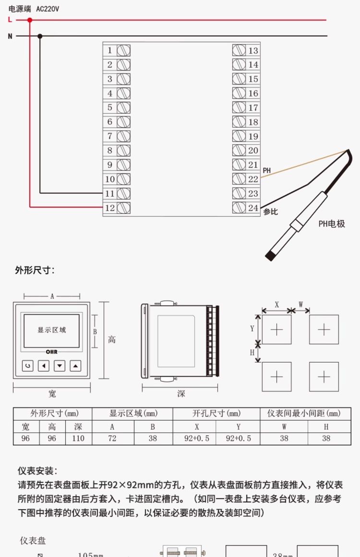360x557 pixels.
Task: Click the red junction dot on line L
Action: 30,20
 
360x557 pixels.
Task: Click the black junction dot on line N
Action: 40,36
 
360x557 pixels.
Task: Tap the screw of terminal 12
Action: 124,208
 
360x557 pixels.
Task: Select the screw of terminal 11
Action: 124,193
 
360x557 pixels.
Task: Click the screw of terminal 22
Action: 239,179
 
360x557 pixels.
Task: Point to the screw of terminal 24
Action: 239,208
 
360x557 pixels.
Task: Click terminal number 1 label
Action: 110,50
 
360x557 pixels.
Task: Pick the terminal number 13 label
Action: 253,50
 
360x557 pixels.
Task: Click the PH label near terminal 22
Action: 266,171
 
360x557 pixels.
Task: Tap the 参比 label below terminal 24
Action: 271,212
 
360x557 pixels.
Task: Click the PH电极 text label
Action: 332,224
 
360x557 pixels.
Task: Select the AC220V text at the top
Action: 48,9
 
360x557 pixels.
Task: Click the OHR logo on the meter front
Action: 51,352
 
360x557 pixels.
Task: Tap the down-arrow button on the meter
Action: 60,366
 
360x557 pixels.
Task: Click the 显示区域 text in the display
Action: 51,330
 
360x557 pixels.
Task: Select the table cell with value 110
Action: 78,438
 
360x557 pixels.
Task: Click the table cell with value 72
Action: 112,438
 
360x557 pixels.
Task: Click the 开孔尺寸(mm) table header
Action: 216,414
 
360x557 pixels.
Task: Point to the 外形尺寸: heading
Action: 35,271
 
